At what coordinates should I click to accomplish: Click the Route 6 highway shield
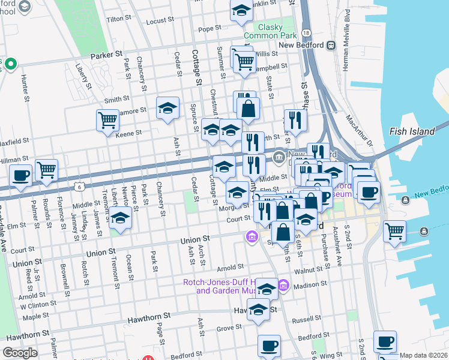point(79,187)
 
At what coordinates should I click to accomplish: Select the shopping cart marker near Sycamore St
point(107,120)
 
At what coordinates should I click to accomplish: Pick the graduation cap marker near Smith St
point(168,108)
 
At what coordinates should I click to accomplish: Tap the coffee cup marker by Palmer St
point(20,176)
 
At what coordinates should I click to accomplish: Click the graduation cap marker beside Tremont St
point(121,219)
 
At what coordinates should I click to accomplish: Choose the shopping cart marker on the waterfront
point(394,230)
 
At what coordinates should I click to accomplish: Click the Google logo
point(20,353)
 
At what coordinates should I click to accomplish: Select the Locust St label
point(160,20)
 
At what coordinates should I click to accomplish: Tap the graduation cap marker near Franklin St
point(241,11)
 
